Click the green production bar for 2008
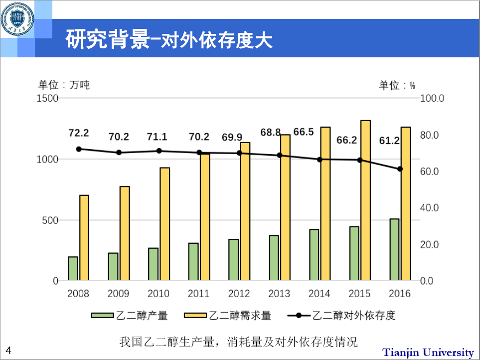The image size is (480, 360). click(73, 268)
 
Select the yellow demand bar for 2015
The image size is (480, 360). click(365, 200)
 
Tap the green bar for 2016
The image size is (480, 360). click(394, 249)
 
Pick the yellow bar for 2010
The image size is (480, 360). click(164, 224)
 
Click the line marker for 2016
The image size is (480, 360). click(400, 169)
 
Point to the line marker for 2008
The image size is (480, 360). click(79, 149)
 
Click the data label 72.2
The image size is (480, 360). click(79, 133)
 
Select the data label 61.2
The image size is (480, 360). click(389, 141)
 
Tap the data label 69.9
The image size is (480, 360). click(232, 137)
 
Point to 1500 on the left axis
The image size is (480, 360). click(48, 98)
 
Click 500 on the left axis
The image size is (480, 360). click(51, 220)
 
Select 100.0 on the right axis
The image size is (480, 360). click(432, 98)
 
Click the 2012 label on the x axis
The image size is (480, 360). click(239, 293)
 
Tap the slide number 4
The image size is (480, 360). click(8, 350)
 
